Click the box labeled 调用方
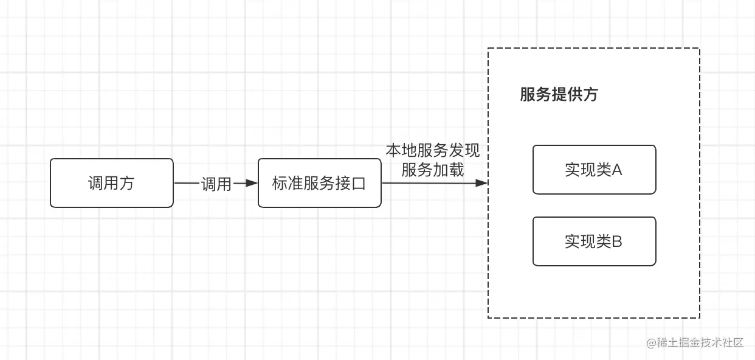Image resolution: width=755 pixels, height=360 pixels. pos(111,183)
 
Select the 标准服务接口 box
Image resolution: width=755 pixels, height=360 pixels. pos(320,183)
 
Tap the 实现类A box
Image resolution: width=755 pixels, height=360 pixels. pos(594,170)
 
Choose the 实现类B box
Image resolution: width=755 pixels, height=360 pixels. pos(594,241)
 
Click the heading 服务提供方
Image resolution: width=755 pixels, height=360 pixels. pos(559,95)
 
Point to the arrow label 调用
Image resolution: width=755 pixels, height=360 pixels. pos(216,184)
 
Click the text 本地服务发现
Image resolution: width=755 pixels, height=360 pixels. pos(433,151)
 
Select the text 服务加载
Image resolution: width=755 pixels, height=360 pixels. pos(433,170)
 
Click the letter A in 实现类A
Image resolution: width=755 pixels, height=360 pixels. pos(617,170)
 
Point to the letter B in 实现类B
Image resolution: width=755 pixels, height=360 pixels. pos(617,242)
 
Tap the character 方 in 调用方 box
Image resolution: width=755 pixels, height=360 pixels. pos(126,183)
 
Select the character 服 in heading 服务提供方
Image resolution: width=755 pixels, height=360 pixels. pos(527,95)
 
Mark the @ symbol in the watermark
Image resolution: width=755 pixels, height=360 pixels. pos(652,343)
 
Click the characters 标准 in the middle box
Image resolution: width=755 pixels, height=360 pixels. pos(288,184)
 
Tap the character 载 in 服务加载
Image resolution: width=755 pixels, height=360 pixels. pos(457,170)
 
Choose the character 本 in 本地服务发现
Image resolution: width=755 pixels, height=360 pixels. pos(393,151)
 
